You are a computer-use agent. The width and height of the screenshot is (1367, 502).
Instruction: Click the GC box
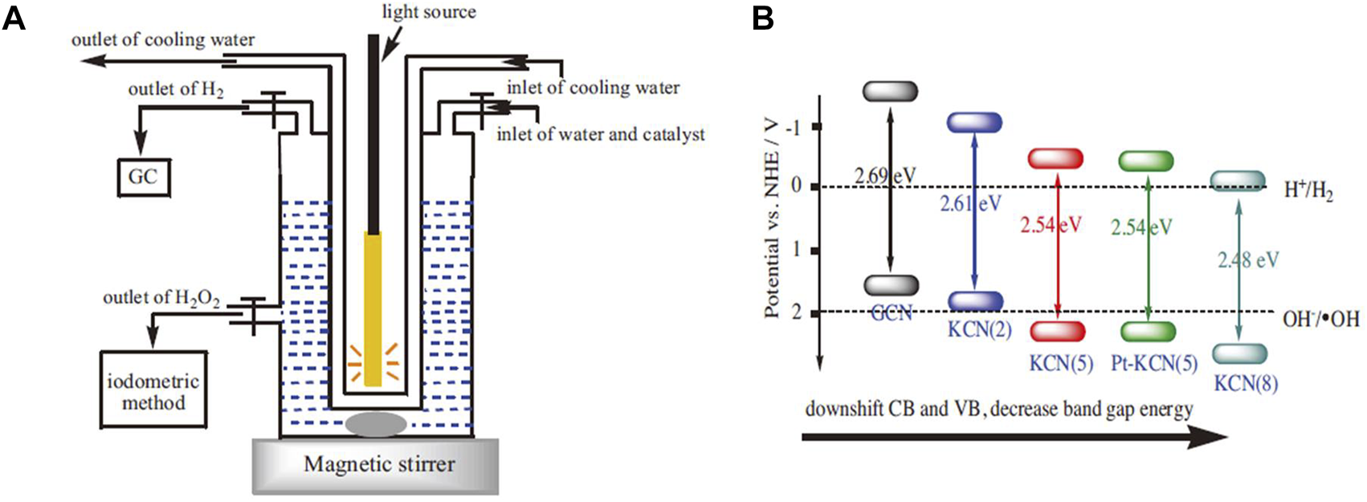click(x=142, y=177)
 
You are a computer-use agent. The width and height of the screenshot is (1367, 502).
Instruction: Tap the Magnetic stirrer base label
click(x=379, y=463)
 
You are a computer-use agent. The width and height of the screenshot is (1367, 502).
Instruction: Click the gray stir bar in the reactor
click(x=375, y=423)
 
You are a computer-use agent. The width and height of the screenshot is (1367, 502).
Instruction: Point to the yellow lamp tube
click(x=372, y=309)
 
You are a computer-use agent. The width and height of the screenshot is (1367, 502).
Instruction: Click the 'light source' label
click(x=429, y=12)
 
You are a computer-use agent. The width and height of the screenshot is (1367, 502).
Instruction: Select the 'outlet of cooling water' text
click(x=163, y=39)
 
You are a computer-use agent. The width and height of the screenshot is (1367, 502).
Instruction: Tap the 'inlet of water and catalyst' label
click(x=601, y=134)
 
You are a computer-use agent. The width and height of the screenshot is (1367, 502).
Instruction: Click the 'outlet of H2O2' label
click(x=161, y=298)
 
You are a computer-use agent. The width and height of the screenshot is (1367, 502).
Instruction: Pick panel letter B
click(x=763, y=18)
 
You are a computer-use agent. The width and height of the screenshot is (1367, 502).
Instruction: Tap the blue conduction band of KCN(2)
click(x=973, y=122)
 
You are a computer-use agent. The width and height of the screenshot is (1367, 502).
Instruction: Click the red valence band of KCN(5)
click(x=1057, y=331)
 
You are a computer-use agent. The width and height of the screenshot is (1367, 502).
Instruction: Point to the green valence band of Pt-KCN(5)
click(x=1148, y=332)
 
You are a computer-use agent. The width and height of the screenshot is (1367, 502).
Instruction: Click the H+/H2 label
click(x=1308, y=191)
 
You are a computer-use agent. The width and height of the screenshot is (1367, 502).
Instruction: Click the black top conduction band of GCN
click(x=890, y=91)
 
